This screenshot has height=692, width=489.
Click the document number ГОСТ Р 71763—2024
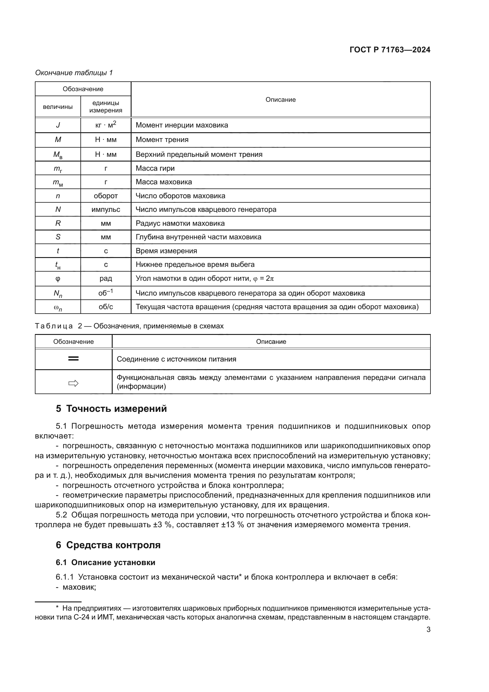tap(390, 50)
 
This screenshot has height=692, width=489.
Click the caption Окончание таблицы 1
tap(74, 73)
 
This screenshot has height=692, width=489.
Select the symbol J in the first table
tap(58, 125)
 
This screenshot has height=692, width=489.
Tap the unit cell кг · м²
tap(106, 125)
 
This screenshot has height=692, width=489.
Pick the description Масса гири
tap(155, 168)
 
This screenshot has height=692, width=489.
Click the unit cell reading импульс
tap(106, 209)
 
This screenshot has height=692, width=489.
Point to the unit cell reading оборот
tap(106, 196)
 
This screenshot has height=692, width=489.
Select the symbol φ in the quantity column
tap(58, 278)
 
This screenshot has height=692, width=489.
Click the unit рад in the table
tap(106, 278)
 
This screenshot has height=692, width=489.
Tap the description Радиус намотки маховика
tap(180, 223)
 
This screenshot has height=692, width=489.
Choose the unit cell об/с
tap(106, 307)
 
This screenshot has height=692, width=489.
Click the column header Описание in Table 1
tap(280, 100)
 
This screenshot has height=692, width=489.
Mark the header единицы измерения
tap(106, 107)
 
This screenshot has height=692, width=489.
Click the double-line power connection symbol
tap(74, 359)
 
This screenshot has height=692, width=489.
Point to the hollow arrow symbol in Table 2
tap(74, 383)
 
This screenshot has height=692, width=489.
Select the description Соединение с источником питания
tap(177, 359)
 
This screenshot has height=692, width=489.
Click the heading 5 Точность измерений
tap(111, 409)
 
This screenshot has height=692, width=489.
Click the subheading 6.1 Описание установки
tap(105, 562)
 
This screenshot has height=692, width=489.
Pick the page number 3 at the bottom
tap(428, 630)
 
